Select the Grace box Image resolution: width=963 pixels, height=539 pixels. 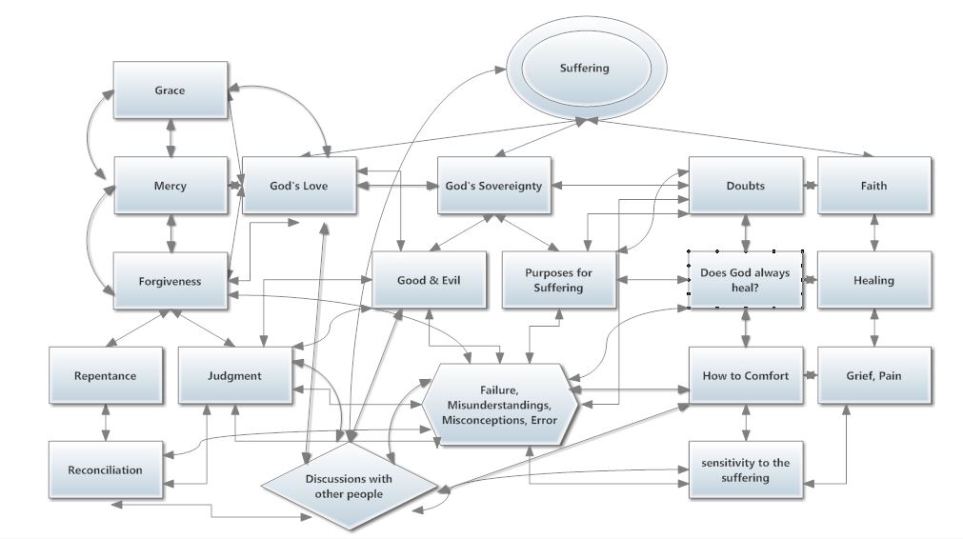coord(171,90)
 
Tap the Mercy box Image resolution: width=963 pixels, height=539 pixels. coord(171,186)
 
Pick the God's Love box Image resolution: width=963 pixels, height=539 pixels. coord(298,186)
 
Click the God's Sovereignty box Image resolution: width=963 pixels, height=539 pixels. coord(493,186)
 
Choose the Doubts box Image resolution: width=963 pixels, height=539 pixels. coord(745,186)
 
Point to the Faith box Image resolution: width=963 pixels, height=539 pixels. coord(873,186)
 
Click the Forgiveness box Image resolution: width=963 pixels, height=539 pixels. coord(171,281)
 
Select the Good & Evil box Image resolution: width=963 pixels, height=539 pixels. coord(429,280)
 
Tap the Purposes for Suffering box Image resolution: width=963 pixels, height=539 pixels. coord(559,280)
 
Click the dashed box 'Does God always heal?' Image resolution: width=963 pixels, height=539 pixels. coord(745,280)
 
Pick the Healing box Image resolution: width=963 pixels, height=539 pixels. coord(873,280)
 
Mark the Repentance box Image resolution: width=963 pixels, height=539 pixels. coord(106,375)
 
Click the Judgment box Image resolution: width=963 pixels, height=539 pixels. coord(234,375)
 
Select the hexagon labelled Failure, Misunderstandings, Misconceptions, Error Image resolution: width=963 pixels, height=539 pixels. coord(501,405)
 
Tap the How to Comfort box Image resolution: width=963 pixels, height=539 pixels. coord(745,375)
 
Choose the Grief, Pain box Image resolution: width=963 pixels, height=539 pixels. coord(873,375)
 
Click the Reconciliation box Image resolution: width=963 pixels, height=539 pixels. coord(106,469)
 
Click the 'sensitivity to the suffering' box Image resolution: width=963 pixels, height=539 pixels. coord(745,469)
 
